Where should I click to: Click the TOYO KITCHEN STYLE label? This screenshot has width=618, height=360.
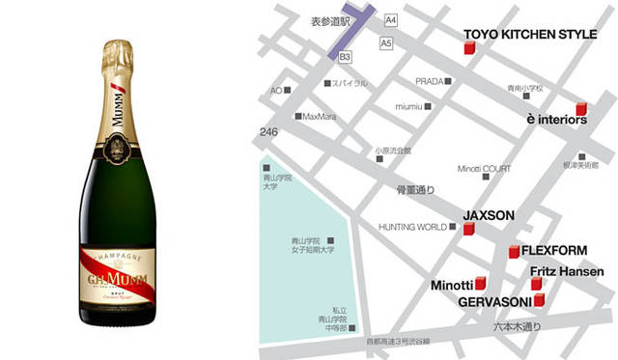click(531, 34)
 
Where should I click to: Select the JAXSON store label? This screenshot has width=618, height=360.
click(489, 214)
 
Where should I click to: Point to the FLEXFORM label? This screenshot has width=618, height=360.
click(553, 250)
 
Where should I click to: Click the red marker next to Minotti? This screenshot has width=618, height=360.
click(481, 285)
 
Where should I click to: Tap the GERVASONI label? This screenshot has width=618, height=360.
click(493, 301)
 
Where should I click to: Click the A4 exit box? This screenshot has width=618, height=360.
click(390, 19)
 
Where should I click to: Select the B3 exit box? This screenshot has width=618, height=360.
click(345, 59)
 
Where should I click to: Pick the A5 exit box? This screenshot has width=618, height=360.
click(386, 43)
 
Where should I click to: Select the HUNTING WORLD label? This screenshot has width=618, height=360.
click(412, 227)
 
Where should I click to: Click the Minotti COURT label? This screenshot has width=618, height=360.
click(477, 168)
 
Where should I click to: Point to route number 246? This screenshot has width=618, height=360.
click(267, 131)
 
